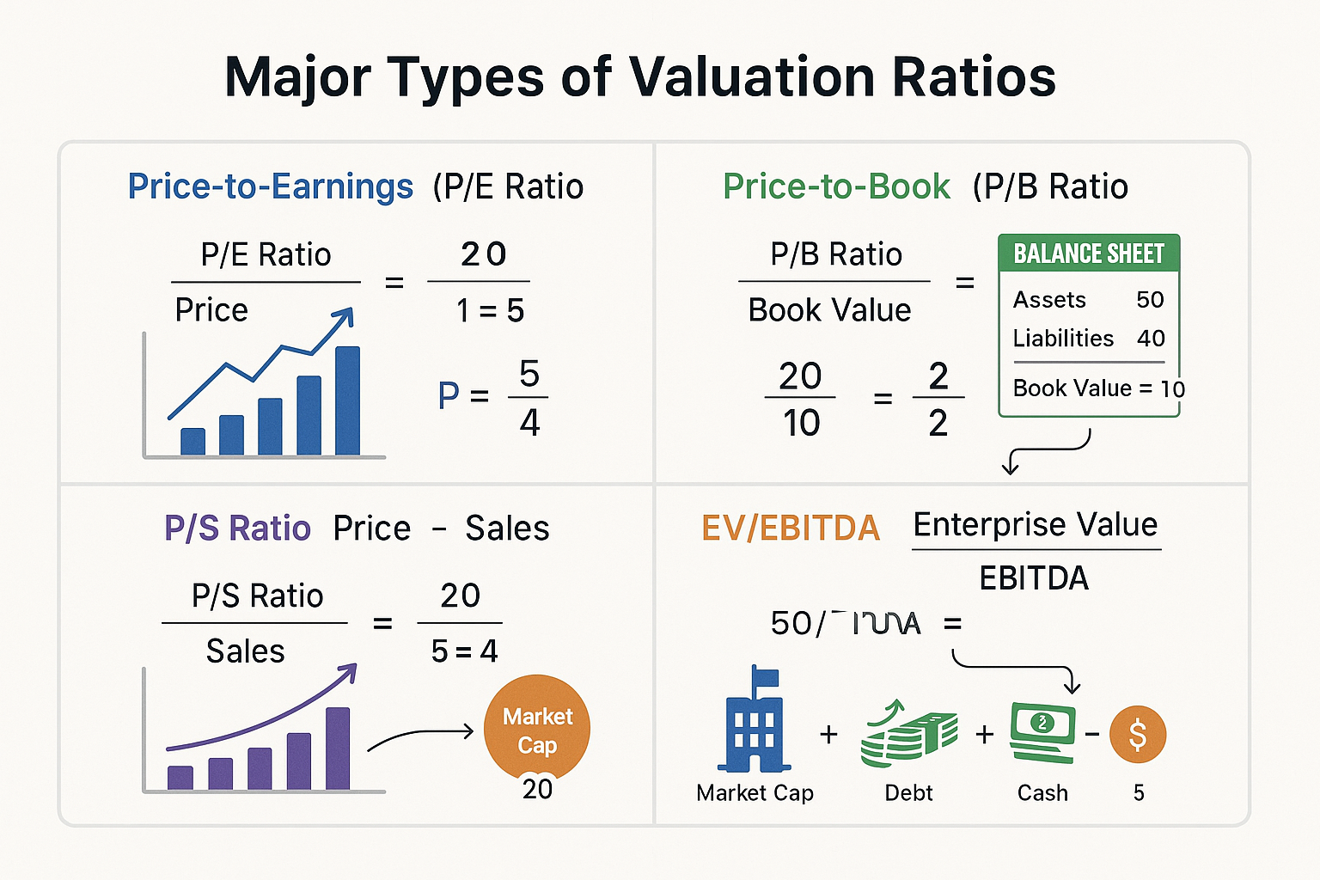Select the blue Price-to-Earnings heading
tap(270, 186)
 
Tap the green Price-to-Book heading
tap(836, 186)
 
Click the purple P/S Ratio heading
tap(237, 528)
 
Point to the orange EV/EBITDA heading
tap(791, 528)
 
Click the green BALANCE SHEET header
tap(1089, 254)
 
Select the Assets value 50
tap(1150, 300)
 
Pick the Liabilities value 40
tap(1151, 339)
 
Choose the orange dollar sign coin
tap(1138, 735)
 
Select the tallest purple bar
tap(338, 748)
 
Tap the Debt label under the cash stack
tap(908, 792)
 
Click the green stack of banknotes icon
tap(908, 735)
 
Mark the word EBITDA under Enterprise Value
tap(1034, 578)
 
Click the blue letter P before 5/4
tap(449, 396)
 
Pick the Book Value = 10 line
tap(1098, 388)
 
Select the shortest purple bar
tap(180, 777)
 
